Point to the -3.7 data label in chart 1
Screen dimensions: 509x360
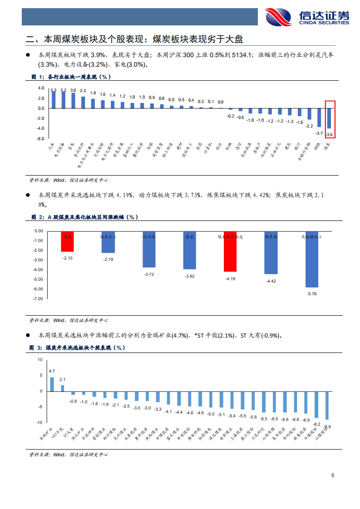[x=319, y=133]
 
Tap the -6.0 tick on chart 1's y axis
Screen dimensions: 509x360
[x=40, y=138]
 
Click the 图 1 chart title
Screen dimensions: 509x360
[x=70, y=77]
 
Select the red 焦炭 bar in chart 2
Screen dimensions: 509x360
[x=67, y=242]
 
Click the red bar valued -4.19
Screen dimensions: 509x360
[x=230, y=252]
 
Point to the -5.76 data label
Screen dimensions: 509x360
[x=311, y=294]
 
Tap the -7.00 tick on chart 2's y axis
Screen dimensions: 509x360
[x=38, y=299]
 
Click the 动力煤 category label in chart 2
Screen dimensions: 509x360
[x=149, y=237]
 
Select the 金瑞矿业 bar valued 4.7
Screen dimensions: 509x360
[x=52, y=384]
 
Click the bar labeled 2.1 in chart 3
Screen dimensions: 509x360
[x=63, y=388]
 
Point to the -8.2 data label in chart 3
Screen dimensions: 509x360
[x=317, y=424]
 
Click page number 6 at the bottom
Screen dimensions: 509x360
[x=333, y=475]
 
